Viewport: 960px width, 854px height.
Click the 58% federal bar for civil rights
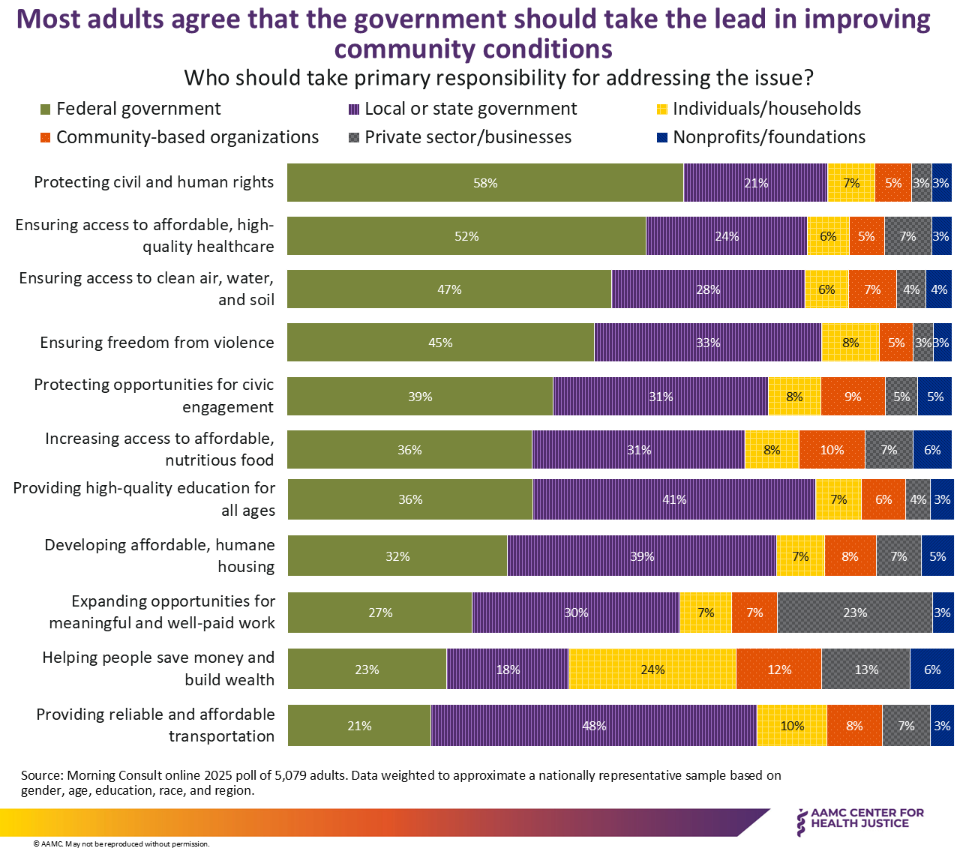[485, 182]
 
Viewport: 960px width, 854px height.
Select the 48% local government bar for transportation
[594, 725]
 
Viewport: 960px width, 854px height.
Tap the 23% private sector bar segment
[855, 613]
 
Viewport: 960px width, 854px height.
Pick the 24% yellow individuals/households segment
[652, 669]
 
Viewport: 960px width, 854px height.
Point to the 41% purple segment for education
[674, 499]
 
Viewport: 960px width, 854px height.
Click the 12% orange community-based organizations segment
[779, 669]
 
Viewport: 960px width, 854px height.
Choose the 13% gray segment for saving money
[866, 669]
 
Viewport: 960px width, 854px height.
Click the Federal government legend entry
[130, 109]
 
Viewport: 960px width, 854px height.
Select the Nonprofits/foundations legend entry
[761, 137]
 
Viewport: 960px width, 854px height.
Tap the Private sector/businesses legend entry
[460, 137]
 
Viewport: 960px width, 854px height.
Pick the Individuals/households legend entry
[759, 109]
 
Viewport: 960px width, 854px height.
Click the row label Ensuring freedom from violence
[157, 343]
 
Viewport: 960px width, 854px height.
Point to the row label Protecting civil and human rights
[154, 182]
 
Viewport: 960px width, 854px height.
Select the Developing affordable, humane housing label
[160, 556]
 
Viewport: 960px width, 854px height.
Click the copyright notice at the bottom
[121, 844]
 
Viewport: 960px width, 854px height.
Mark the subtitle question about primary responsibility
[499, 78]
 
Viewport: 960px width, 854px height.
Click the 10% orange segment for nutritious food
[832, 450]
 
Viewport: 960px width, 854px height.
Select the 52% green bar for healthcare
[466, 236]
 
